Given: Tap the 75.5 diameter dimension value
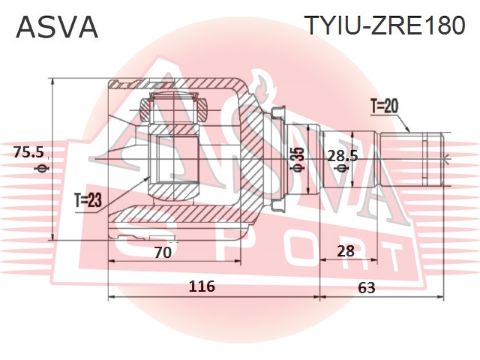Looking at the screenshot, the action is pos(28,152).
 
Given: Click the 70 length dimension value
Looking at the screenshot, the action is pos(163,252).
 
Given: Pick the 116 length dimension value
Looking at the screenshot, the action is pos(202,286).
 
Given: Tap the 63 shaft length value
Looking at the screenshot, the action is pos(366,287).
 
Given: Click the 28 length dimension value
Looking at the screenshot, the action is pos(345,251).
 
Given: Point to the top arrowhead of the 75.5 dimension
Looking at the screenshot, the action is pos(53,79).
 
